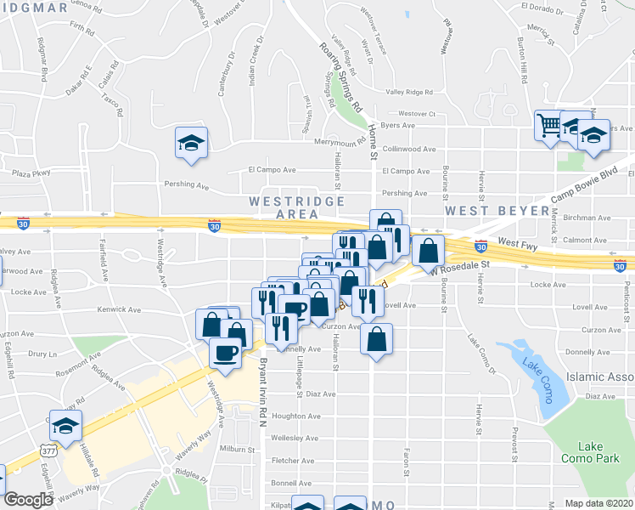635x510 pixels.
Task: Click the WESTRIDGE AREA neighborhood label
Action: point(296,207)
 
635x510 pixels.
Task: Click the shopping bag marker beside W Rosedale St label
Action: point(430,251)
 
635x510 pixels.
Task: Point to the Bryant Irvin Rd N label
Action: point(263,392)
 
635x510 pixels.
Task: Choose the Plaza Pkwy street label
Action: point(31,173)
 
